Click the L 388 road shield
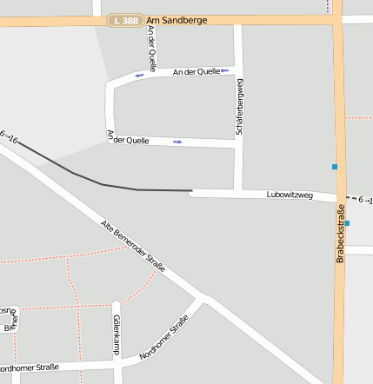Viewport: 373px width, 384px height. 125,19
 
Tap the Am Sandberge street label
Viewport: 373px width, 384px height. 177,19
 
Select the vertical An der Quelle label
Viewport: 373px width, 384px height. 152,49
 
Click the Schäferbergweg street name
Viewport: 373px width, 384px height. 239,107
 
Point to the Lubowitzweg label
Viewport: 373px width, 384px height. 290,195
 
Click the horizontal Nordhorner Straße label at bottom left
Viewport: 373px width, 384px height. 30,367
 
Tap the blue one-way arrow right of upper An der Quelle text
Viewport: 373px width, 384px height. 224,71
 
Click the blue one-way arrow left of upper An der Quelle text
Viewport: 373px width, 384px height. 139,76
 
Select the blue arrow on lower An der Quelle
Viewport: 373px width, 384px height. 177,142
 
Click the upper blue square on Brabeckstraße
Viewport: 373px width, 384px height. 334,166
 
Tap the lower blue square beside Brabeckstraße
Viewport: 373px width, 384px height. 347,223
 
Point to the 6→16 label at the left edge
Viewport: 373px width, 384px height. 9,136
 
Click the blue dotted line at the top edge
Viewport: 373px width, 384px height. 329,5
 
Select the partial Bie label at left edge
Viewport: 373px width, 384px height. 9,328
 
